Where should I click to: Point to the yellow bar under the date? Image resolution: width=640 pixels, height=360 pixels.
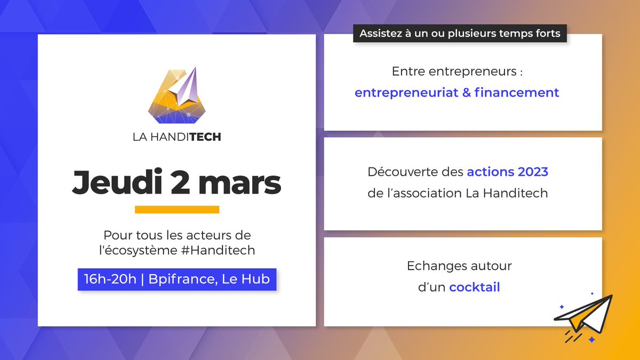pos(177,210)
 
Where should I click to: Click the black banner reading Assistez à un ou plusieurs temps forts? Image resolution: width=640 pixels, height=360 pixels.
pos(460,33)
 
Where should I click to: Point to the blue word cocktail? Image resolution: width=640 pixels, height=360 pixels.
pos(474,287)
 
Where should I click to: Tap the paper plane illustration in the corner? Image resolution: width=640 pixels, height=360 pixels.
pos(582,317)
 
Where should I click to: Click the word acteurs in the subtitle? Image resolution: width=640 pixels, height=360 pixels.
pos(210,235)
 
